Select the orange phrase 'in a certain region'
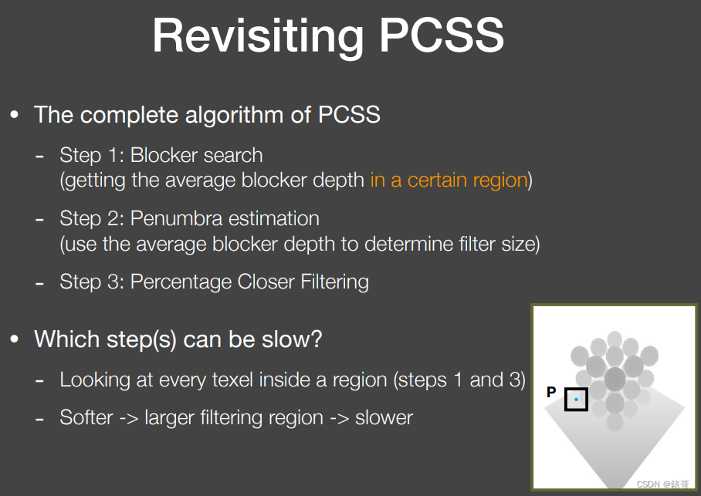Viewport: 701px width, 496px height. pyautogui.click(x=449, y=181)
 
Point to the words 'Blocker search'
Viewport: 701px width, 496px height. pyautogui.click(x=197, y=155)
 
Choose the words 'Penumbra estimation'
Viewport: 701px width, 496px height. pyautogui.click(x=225, y=218)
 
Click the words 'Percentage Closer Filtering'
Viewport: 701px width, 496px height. pyautogui.click(x=249, y=282)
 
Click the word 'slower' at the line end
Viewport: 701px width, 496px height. pyautogui.click(x=384, y=418)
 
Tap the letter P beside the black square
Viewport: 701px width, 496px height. pyautogui.click(x=551, y=392)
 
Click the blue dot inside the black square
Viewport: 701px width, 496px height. pyautogui.click(x=576, y=399)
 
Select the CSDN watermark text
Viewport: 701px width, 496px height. pyautogui.click(x=662, y=484)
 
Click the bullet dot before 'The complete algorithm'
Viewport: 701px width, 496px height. pyautogui.click(x=15, y=116)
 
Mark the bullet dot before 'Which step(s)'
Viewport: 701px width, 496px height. pyautogui.click(x=15, y=339)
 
